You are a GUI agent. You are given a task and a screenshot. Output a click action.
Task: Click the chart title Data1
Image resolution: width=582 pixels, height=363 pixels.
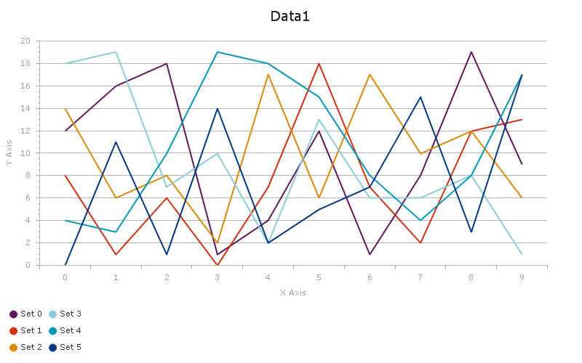tap(290, 16)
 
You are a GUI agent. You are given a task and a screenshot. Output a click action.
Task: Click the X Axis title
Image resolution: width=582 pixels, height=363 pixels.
tap(292, 293)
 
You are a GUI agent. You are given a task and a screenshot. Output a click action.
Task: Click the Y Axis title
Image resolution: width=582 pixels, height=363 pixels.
tap(9, 153)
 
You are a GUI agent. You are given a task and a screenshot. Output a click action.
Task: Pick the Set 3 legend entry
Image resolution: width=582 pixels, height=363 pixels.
tap(70, 314)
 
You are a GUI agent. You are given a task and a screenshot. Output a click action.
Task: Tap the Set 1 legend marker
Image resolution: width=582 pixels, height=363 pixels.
tap(14, 330)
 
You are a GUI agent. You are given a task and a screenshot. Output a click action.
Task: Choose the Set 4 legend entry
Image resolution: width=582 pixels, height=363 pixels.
tap(70, 330)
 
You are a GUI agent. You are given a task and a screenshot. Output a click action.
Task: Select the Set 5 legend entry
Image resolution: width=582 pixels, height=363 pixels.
tap(70, 347)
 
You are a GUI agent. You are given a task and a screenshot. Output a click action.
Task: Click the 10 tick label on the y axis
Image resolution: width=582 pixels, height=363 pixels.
tap(25, 153)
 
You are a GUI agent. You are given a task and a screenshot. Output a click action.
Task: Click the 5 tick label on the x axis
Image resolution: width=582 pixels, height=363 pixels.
tap(319, 277)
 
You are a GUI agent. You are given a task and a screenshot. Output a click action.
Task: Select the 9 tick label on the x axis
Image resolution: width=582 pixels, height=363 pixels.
tap(522, 277)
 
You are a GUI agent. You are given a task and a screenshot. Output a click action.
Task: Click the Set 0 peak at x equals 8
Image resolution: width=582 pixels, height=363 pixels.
tap(471, 52)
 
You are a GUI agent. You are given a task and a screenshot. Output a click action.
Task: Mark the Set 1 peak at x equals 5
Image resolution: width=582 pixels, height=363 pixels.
tap(319, 64)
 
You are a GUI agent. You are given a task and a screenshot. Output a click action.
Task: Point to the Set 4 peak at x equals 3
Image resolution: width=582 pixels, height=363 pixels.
tap(218, 52)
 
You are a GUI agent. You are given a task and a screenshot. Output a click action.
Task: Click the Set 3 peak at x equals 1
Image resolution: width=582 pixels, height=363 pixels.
tap(116, 52)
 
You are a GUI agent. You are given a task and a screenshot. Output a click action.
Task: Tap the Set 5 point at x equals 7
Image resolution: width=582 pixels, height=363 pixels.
tap(420, 97)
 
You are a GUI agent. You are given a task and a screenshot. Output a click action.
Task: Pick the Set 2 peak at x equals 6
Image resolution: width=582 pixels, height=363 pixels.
tap(370, 75)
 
